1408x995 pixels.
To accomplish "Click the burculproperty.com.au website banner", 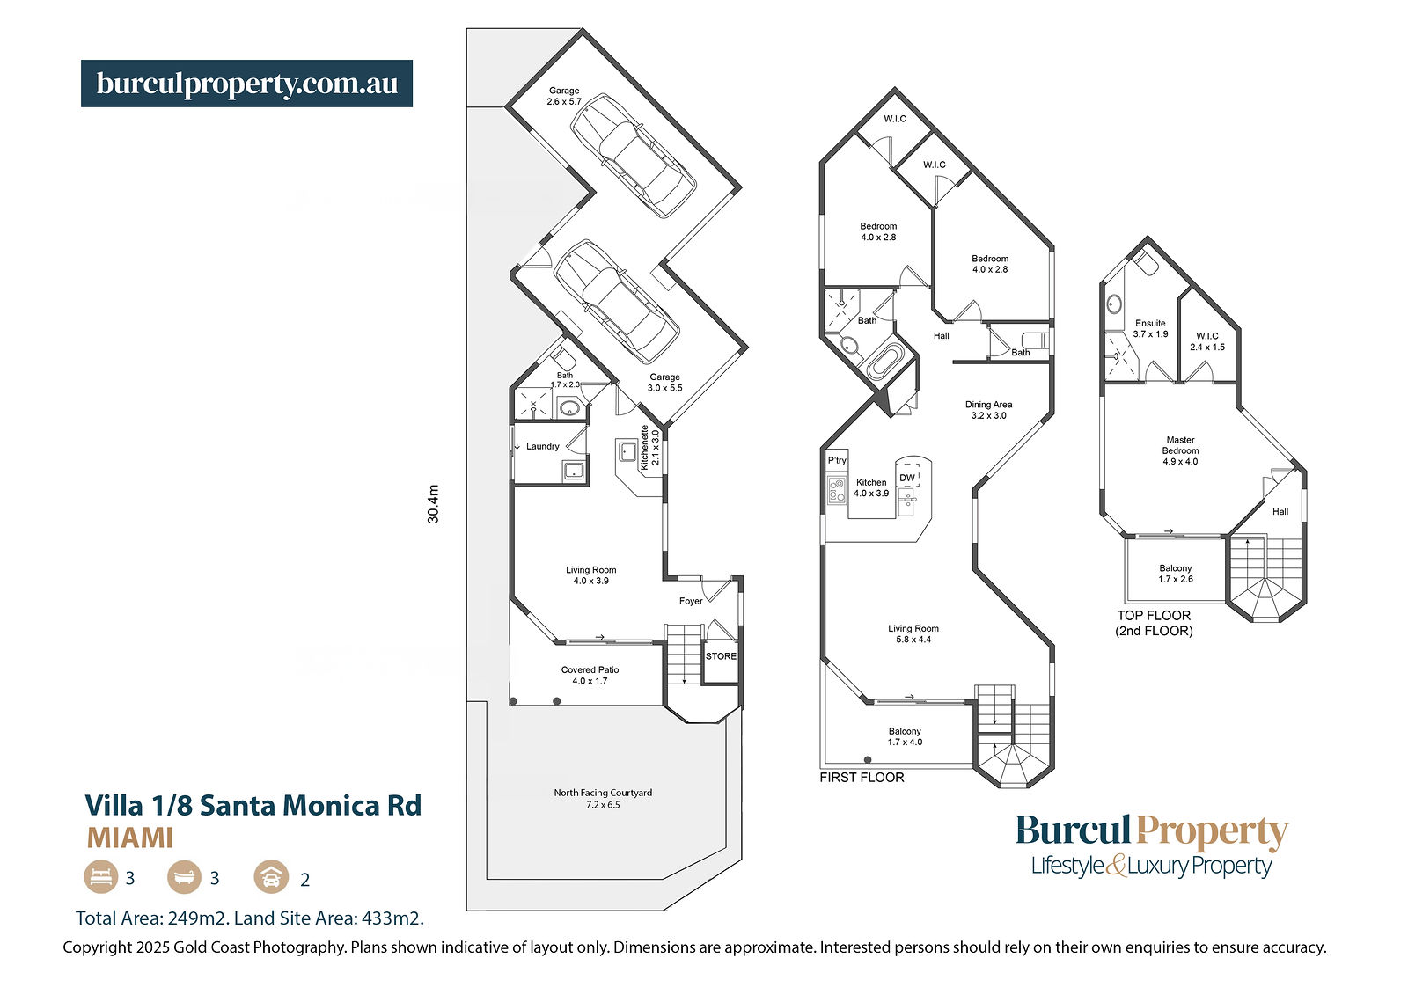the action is (x=246, y=84).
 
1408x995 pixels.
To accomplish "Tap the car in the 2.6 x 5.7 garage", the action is (x=633, y=155).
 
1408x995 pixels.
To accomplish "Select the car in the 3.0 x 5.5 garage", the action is (x=616, y=302).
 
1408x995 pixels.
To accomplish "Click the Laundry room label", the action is (x=542, y=446).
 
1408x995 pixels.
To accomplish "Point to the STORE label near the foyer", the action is (x=721, y=656).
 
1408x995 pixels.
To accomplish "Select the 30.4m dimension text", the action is (x=433, y=504).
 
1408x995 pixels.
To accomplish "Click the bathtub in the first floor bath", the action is (x=885, y=362).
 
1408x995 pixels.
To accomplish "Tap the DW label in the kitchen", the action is (x=907, y=478).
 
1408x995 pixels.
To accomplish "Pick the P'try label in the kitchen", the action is (x=837, y=460).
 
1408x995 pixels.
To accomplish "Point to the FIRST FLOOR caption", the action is (x=862, y=778).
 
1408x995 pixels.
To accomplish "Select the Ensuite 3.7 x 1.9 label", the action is (x=1150, y=329).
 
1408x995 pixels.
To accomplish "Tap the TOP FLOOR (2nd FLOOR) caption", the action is (x=1154, y=623).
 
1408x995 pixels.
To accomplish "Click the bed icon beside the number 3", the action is (x=101, y=877).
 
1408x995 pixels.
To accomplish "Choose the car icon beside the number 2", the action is (x=271, y=877).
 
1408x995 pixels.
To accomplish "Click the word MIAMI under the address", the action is (x=129, y=838).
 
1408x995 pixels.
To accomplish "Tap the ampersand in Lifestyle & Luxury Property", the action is (x=1116, y=866).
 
